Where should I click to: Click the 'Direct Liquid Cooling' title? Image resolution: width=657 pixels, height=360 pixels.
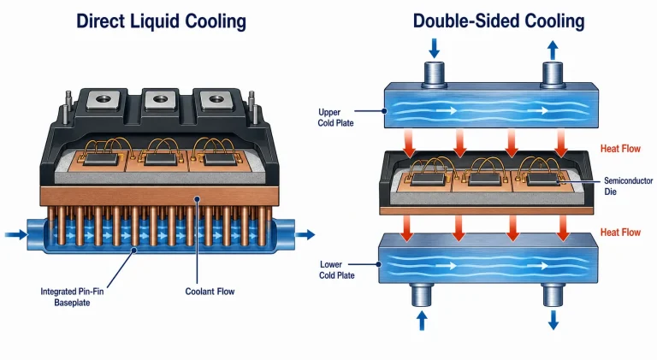[161, 21]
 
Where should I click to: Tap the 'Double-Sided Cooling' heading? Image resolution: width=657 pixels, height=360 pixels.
[499, 21]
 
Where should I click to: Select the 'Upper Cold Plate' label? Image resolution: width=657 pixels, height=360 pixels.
[335, 118]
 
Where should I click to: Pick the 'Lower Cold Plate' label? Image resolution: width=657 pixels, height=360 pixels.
[337, 270]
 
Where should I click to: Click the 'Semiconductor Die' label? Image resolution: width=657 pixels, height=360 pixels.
[628, 186]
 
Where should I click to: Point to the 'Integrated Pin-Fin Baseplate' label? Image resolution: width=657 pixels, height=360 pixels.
[72, 297]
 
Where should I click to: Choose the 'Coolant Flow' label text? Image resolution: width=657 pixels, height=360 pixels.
[210, 292]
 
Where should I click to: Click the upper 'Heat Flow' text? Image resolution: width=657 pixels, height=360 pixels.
[620, 149]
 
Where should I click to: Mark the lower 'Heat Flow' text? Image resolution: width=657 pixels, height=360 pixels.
[620, 233]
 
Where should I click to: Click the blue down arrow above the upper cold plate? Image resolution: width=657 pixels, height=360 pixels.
[434, 48]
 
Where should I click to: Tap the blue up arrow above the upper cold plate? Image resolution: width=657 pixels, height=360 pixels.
[553, 50]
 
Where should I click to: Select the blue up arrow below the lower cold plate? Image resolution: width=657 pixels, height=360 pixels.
[422, 320]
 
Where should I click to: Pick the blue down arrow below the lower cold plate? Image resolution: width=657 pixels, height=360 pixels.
[553, 320]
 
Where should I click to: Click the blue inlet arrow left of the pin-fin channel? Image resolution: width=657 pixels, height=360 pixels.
[16, 234]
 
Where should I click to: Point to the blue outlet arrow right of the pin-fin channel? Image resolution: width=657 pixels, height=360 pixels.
[305, 234]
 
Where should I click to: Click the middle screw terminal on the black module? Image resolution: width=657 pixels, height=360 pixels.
[160, 100]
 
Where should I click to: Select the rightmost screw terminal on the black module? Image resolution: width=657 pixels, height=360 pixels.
[216, 100]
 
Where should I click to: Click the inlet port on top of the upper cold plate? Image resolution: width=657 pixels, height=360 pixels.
[434, 74]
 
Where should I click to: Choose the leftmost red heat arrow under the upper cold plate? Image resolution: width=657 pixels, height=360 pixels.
[409, 143]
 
